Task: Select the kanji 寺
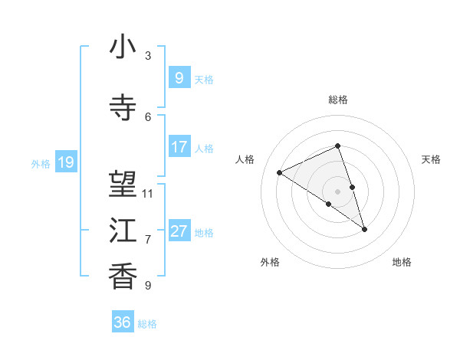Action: tap(123, 108)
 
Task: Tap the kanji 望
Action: tap(123, 185)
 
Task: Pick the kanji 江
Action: tap(123, 231)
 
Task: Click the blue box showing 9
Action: tap(179, 77)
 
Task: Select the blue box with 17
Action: tap(179, 146)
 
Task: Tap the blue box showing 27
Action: tap(179, 231)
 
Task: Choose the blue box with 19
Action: tap(65, 162)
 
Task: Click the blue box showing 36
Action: tap(123, 322)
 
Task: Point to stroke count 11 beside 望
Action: tap(148, 193)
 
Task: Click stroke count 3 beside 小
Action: tap(148, 55)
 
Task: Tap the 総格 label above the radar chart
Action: tap(337, 100)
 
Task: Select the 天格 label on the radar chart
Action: tap(431, 159)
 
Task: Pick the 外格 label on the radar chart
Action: tap(270, 262)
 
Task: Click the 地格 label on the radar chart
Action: tap(402, 262)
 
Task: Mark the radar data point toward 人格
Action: tap(280, 172)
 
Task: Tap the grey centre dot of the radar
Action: tap(337, 191)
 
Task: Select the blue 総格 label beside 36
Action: tap(147, 324)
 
